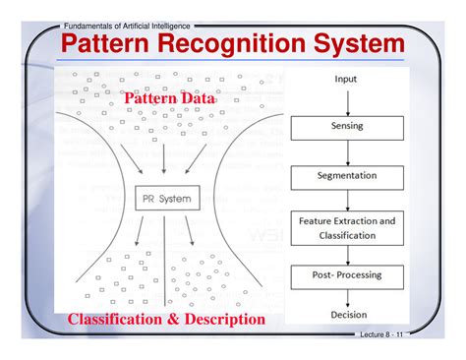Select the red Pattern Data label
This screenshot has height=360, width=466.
(168, 98)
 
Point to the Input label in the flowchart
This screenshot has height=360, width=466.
(346, 79)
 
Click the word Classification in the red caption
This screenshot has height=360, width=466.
(120, 319)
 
